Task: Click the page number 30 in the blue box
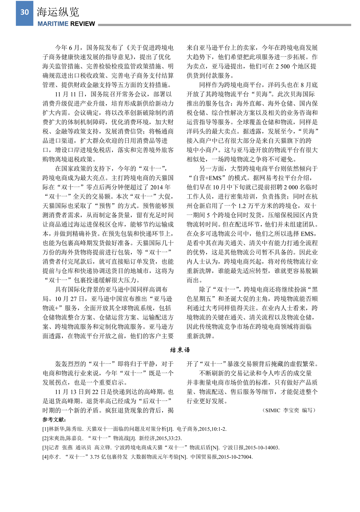click(25, 12)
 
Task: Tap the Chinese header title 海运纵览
click(58, 12)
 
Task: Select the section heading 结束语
click(180, 350)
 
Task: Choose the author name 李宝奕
click(291, 410)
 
